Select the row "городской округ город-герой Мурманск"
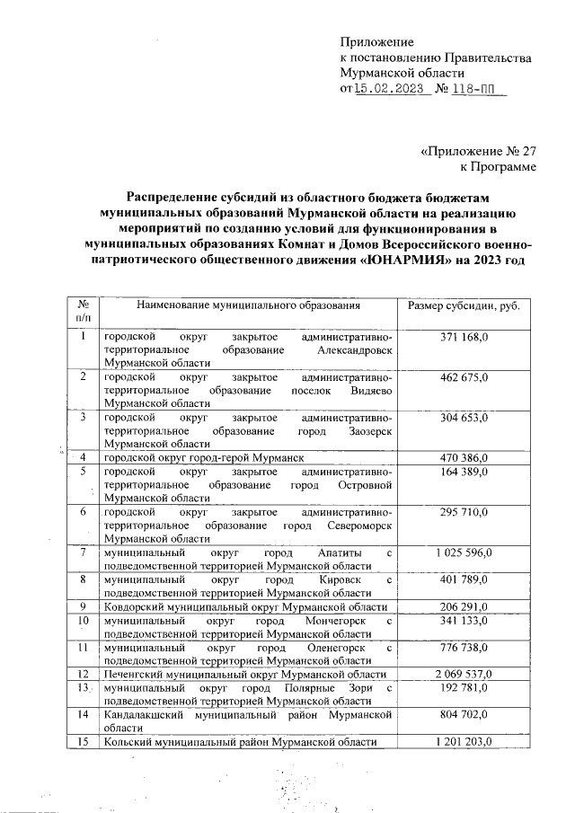pyautogui.click(x=203, y=458)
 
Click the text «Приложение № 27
pyautogui.click(x=478, y=151)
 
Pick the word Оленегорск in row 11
pyautogui.click(x=338, y=647)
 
